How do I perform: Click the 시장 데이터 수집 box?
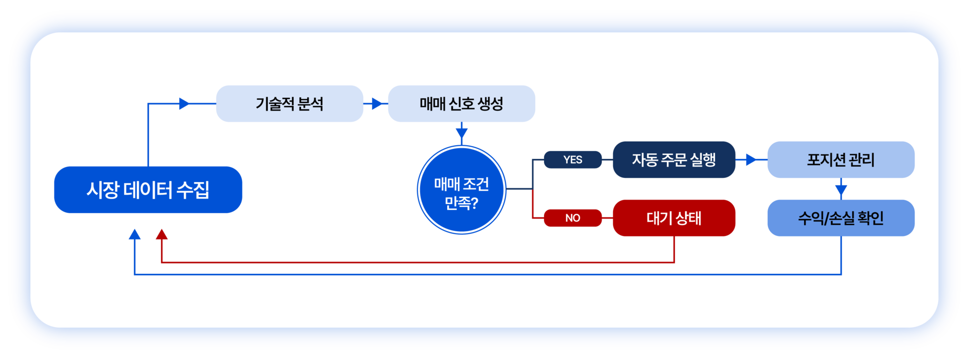[x=148, y=190]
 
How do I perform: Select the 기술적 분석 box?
[x=289, y=103]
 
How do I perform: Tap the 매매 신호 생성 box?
[x=461, y=103]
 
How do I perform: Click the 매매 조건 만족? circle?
[x=461, y=190]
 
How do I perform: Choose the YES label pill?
[x=573, y=159]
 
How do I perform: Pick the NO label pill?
[x=573, y=218]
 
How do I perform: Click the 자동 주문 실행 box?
[x=674, y=159]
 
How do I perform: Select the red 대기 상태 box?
[x=674, y=218]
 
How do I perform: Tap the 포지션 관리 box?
[x=841, y=159]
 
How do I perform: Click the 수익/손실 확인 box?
[x=841, y=218]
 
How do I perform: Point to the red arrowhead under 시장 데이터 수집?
[x=162, y=234]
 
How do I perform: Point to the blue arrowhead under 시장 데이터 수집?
[x=135, y=234]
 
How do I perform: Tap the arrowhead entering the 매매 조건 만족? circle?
[x=461, y=134]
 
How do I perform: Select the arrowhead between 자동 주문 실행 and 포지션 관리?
[x=751, y=159]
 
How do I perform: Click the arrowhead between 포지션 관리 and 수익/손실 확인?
[x=841, y=190]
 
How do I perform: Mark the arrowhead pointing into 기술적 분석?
[x=185, y=103]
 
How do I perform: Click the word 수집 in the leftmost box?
[x=193, y=190]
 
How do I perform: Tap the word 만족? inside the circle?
[x=461, y=203]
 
